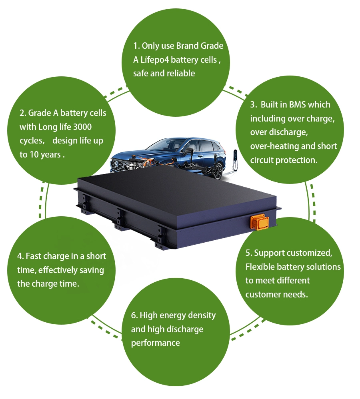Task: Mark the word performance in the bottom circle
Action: point(155,343)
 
